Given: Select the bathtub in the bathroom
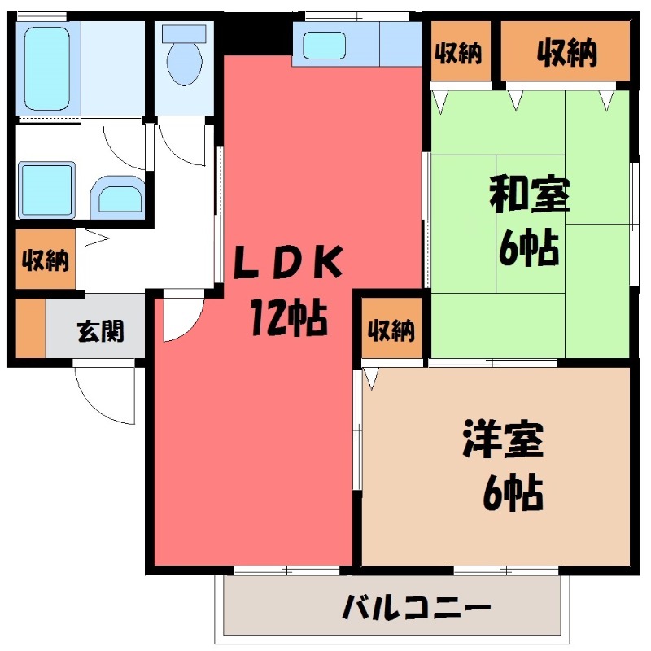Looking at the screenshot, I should (x=48, y=69).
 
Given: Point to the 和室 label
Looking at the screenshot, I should (x=530, y=196).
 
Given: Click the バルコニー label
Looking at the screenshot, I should (x=416, y=606).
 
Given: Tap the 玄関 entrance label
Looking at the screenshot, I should (x=100, y=331).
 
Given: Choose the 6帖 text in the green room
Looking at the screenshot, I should (x=530, y=248).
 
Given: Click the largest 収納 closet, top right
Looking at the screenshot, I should (x=566, y=54).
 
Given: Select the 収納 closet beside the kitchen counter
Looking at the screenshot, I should (x=458, y=54).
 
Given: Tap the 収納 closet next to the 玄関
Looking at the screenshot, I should (x=45, y=261).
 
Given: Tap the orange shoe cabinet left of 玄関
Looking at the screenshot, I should (x=30, y=329).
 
